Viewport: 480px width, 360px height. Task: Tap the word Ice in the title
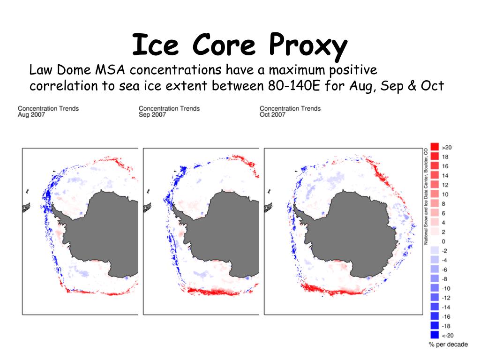(x=149, y=45)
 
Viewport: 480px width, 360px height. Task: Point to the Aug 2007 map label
(x=31, y=115)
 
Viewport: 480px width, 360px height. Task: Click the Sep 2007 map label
(x=152, y=115)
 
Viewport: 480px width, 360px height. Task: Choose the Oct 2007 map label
(x=272, y=115)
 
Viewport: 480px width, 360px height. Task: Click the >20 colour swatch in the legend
(x=434, y=147)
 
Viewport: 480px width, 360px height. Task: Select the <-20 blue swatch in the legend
(x=434, y=335)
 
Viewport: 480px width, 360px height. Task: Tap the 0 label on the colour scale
(x=444, y=241)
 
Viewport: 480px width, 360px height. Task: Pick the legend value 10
(x=445, y=194)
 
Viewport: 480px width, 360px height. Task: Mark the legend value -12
(x=446, y=298)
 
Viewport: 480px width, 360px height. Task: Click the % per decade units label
(x=448, y=345)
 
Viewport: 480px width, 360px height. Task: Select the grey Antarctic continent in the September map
(x=230, y=234)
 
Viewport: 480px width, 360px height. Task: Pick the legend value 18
(x=445, y=157)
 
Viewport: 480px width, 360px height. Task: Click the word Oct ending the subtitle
(x=433, y=86)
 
